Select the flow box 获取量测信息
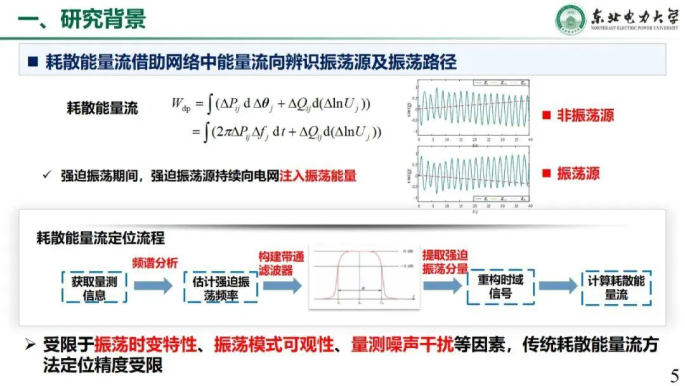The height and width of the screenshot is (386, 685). [x=95, y=287]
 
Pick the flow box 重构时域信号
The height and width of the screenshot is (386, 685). [x=501, y=287]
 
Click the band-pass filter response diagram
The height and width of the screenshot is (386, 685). [x=360, y=276]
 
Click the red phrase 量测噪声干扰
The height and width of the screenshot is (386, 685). [x=402, y=345]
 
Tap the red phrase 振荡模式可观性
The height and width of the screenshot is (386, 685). [x=274, y=345]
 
